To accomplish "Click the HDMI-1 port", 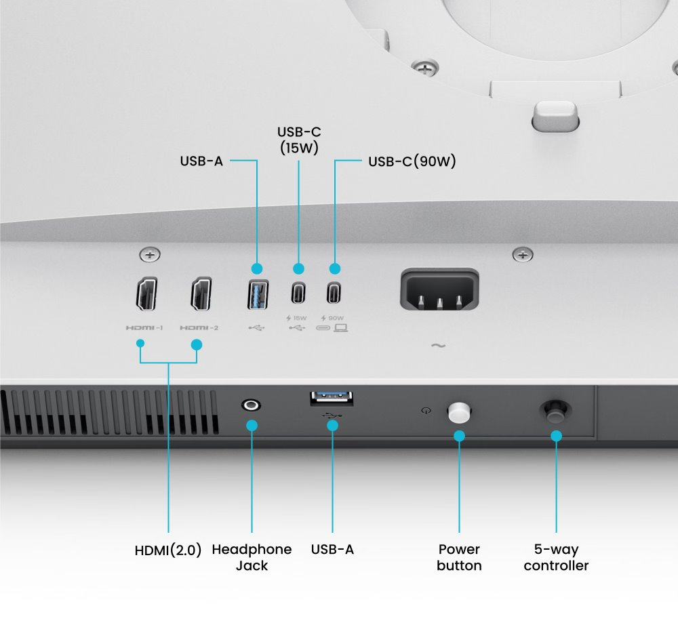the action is (x=146, y=294).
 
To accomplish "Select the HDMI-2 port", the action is (x=201, y=294).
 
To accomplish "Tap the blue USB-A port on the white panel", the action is (x=258, y=294).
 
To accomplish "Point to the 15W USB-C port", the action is (x=298, y=293).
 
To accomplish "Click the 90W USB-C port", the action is (x=334, y=293).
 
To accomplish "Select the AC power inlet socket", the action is (x=439, y=289).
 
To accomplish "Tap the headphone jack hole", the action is (x=251, y=405).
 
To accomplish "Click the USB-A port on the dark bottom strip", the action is (x=332, y=398).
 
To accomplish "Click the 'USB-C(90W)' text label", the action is (x=412, y=161).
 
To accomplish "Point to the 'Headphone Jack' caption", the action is (x=252, y=557).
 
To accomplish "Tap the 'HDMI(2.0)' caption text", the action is (x=167, y=550).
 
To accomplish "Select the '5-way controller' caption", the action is (x=556, y=557).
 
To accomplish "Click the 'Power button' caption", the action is (x=459, y=557).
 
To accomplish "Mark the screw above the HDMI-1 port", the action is (x=150, y=255).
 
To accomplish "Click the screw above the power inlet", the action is (x=522, y=255).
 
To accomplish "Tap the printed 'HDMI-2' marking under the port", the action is (x=199, y=327).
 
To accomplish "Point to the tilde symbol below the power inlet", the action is (x=439, y=345).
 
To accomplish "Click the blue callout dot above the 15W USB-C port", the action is (x=298, y=269).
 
